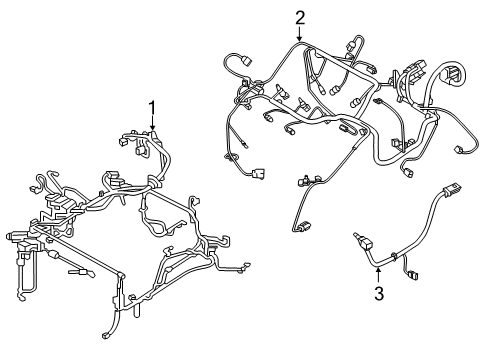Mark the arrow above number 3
pos(379,273)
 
